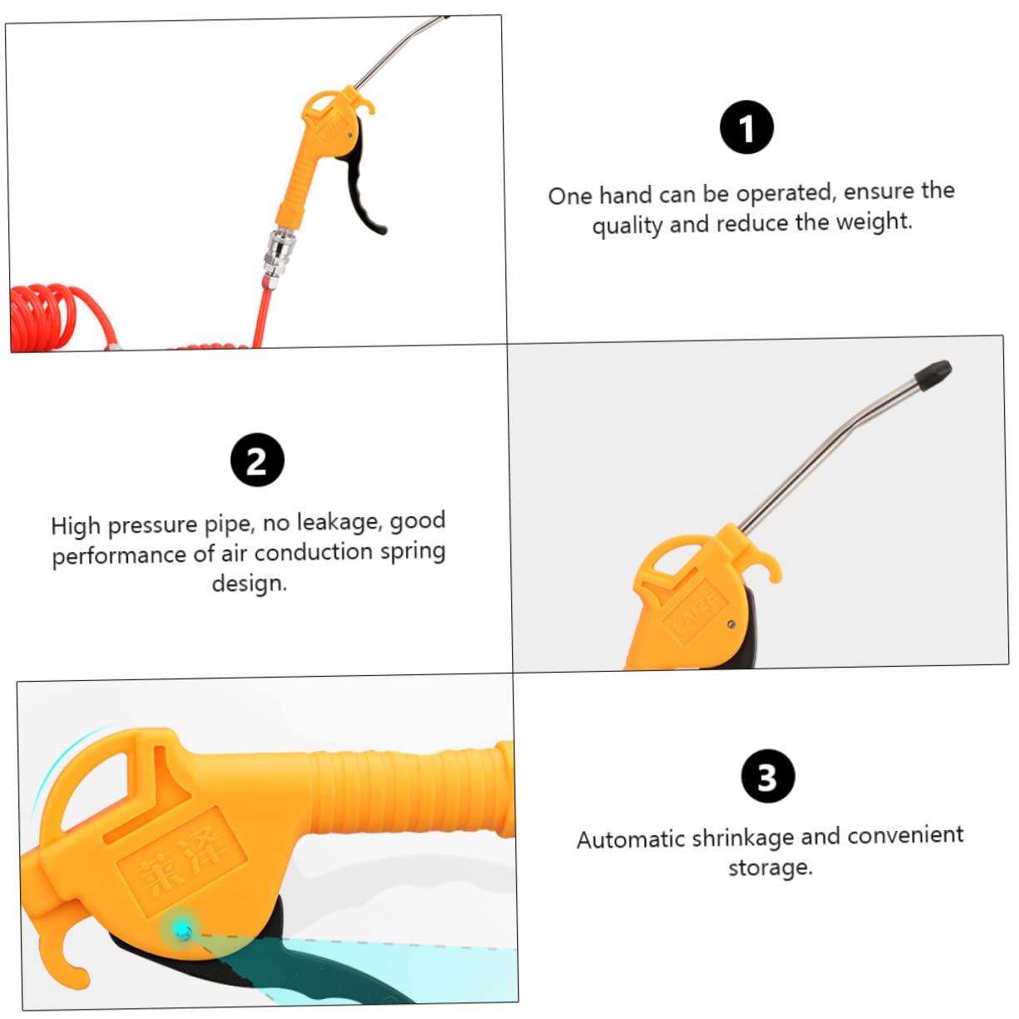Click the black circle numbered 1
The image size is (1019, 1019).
[x=747, y=127]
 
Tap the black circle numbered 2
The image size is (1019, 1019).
[x=257, y=460]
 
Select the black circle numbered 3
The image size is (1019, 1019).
[x=768, y=776]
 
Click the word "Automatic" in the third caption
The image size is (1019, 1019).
[x=630, y=838]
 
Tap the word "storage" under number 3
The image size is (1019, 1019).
[x=768, y=867]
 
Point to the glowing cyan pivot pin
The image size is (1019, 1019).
[x=181, y=927]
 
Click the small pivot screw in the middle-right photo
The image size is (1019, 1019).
[x=730, y=624]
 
